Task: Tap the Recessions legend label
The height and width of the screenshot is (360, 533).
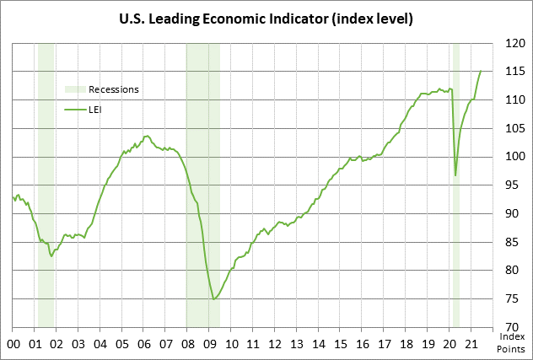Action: (x=114, y=89)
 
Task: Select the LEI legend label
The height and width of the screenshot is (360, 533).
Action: (x=95, y=109)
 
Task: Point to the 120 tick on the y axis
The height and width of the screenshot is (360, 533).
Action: (x=513, y=42)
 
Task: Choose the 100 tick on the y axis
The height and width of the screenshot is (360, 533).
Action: (x=513, y=156)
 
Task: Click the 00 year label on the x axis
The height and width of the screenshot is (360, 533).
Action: (x=13, y=344)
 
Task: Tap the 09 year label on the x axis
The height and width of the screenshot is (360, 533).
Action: (x=210, y=344)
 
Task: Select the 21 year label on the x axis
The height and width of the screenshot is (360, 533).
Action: (x=473, y=344)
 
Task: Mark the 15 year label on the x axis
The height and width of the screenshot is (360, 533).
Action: (x=342, y=344)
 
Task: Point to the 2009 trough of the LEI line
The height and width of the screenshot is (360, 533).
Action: (x=214, y=298)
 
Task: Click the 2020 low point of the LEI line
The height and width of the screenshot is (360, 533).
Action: (x=455, y=175)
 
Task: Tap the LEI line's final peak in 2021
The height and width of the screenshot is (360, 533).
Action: (x=481, y=71)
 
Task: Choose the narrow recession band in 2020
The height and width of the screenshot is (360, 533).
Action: (x=456, y=253)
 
